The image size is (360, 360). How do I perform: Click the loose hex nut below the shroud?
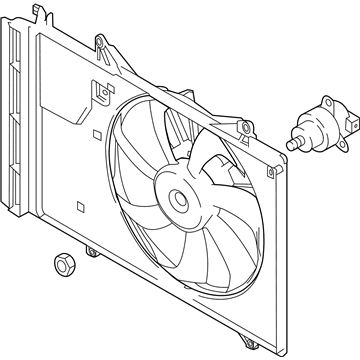(60, 267)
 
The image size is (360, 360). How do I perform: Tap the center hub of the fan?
(183, 201)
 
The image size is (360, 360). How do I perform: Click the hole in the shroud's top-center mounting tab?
(100, 41)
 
